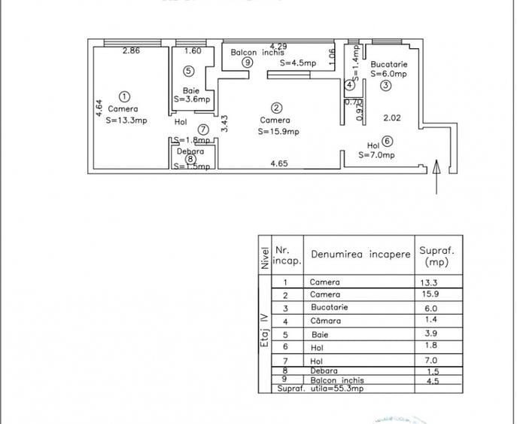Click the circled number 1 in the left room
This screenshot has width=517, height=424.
click(124, 96)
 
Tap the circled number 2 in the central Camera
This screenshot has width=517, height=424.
click(276, 108)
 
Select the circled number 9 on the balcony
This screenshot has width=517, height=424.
click(247, 63)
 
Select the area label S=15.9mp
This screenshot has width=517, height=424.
click(278, 131)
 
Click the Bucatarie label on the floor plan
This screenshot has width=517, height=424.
click(388, 65)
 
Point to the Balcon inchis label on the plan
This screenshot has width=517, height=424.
click(257, 53)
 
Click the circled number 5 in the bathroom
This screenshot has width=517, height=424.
click(188, 71)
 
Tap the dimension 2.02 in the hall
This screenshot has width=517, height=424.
click(392, 117)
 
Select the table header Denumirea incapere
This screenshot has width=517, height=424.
click(360, 255)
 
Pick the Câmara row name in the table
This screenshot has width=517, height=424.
click(325, 321)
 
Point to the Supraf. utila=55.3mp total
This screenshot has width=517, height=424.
click(310, 389)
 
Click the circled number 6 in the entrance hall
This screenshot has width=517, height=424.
click(387, 141)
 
